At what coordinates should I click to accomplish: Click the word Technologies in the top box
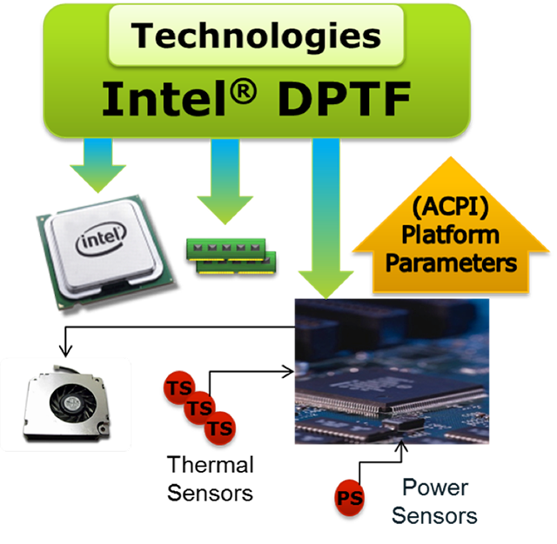pos(256,36)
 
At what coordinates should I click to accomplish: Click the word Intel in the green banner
pos(164,98)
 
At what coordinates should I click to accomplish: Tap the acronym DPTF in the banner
pos(344,98)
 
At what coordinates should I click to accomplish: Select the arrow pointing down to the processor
pos(98,166)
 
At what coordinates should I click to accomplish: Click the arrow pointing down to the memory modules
pos(225,182)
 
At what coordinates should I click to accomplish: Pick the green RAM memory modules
pos(232,256)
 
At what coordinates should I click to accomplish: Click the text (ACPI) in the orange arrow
pos(450,207)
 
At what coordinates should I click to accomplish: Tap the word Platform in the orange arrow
pos(451,235)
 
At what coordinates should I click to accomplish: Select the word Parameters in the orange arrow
pos(451,262)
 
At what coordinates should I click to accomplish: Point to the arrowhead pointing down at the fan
pos(65,350)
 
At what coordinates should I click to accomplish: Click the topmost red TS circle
pos(179,388)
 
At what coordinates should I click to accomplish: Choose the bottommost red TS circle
pos(220,428)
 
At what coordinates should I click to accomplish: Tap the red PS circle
pos(350,498)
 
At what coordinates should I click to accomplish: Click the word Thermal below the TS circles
pos(211,465)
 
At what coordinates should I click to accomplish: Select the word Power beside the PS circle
pos(435,488)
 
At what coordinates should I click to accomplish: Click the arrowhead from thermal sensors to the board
pos(288,371)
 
